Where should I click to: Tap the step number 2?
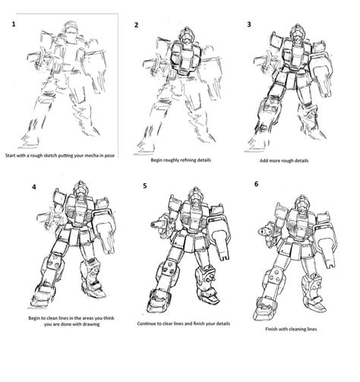(136, 25)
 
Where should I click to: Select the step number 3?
(249, 25)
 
